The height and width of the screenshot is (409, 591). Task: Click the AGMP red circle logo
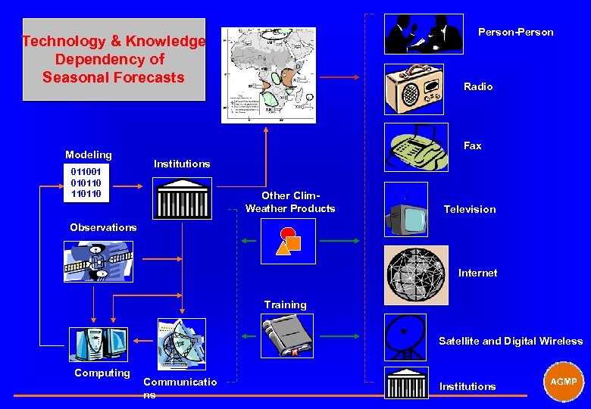[563, 381]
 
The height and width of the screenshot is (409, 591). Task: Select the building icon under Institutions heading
[181, 198]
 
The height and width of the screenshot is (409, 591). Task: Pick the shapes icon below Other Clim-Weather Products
[288, 241]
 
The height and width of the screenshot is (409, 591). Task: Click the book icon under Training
[288, 336]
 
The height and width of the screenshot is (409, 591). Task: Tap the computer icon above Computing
[98, 344]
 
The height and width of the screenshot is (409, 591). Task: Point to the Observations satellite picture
[98, 261]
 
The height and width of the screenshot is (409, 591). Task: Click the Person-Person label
[515, 32]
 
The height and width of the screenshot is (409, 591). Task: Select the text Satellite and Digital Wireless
[511, 342]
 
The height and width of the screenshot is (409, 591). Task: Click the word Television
[470, 209]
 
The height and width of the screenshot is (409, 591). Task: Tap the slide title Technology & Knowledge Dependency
[114, 59]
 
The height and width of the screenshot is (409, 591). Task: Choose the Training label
[285, 304]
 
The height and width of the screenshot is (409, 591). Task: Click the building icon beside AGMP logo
[405, 383]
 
